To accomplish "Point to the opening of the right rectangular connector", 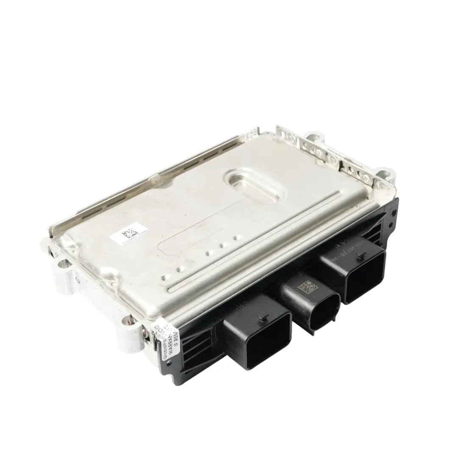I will click(x=366, y=278).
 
